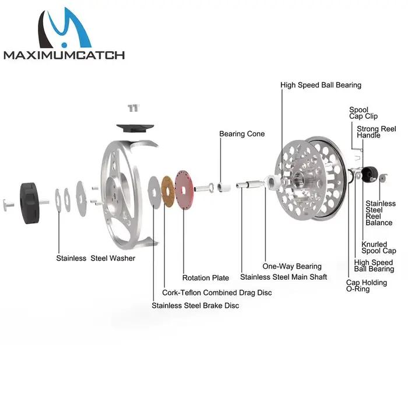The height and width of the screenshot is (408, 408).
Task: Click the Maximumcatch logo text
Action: (x=64, y=55)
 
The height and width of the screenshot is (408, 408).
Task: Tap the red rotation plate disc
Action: (x=184, y=190)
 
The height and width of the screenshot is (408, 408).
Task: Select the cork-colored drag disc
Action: (x=168, y=192)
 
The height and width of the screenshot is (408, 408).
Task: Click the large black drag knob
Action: (x=29, y=203)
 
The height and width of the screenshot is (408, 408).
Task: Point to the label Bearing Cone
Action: (x=242, y=133)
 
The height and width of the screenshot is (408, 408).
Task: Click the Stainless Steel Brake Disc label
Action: (x=195, y=305)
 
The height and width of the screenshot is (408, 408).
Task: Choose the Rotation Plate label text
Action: (x=206, y=278)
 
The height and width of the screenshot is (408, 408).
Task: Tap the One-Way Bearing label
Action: (x=292, y=266)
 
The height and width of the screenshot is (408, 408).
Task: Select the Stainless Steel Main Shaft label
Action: (x=284, y=277)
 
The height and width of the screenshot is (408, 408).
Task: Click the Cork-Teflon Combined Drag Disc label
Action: (x=217, y=293)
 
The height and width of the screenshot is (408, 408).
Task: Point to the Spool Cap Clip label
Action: (x=363, y=113)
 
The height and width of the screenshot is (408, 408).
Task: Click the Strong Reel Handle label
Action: (x=377, y=132)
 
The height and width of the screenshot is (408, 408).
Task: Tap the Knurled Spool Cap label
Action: (x=379, y=248)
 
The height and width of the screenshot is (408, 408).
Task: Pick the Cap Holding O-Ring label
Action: (x=367, y=286)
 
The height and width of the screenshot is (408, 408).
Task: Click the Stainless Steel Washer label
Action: (x=96, y=258)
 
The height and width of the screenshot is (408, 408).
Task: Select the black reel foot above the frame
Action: (x=135, y=128)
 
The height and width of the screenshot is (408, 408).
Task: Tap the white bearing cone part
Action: (x=224, y=187)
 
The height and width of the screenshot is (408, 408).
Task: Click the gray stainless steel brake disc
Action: (x=154, y=192)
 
